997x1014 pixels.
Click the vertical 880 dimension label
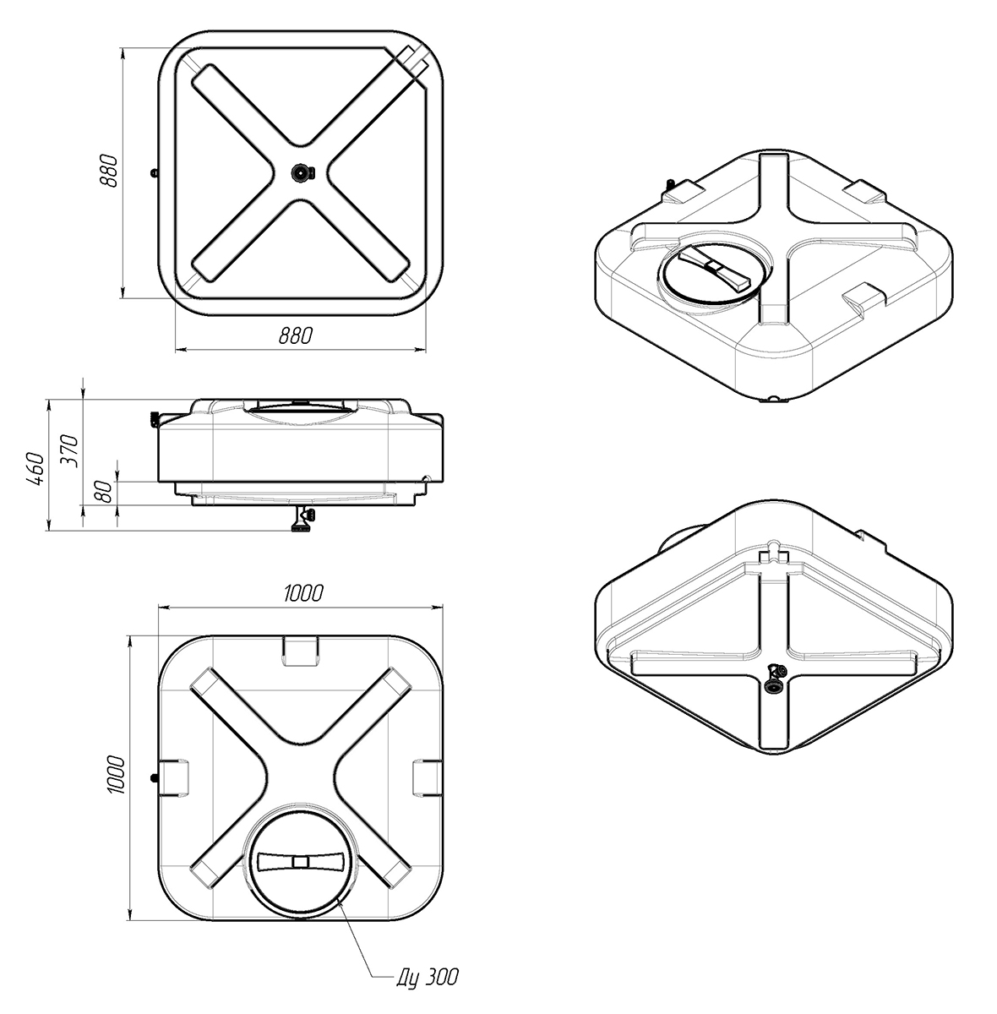pos(110,171)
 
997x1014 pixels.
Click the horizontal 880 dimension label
pos(296,335)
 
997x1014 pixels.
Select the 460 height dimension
pos(35,468)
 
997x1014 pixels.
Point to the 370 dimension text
pos(69,451)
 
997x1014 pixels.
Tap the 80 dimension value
pos(104,492)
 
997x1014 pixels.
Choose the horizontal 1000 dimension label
pos(303,593)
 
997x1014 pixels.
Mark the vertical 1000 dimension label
pos(115,775)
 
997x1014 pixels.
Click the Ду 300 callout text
pos(428,977)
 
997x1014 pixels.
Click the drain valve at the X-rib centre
pos(302,172)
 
